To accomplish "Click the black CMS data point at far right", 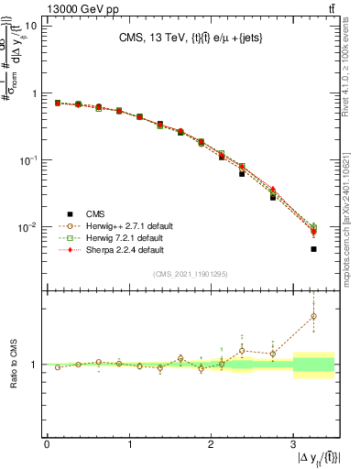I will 313,249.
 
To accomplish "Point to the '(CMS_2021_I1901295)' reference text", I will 190,275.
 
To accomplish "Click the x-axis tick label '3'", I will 293,444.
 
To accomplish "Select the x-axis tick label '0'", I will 47,444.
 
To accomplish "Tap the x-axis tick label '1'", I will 129,444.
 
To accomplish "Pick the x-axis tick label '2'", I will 211,444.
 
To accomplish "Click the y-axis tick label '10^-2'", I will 28,227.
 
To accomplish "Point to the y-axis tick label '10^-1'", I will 28,160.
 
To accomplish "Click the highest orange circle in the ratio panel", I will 313,316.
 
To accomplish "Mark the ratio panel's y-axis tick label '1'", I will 35,365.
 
